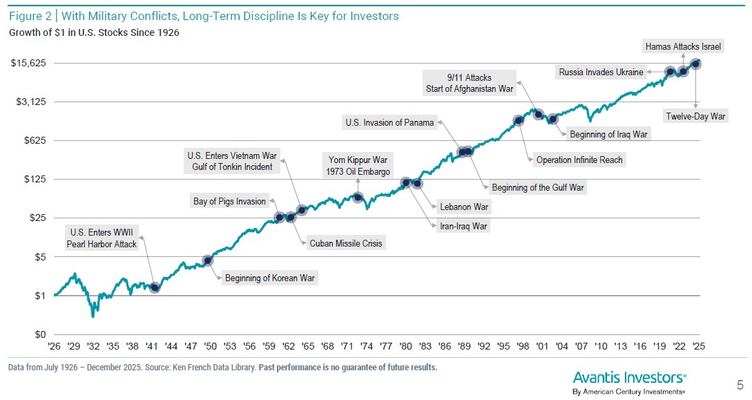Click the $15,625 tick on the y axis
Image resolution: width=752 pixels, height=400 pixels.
[28, 63]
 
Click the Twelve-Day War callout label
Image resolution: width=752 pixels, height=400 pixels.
[695, 117]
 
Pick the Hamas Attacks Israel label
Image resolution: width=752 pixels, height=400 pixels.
[683, 47]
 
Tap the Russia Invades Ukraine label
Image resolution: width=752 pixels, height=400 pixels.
[601, 72]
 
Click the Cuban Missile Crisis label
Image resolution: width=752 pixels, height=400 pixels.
[345, 243]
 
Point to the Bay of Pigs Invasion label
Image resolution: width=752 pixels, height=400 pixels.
[229, 201]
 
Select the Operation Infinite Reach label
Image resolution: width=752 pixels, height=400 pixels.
[579, 160]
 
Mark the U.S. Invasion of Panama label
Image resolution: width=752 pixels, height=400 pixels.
[389, 123]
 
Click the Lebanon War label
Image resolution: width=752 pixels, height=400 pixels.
[464, 206]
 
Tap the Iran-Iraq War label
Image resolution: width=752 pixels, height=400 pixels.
[463, 225]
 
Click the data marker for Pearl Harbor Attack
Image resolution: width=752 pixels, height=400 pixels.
[155, 287]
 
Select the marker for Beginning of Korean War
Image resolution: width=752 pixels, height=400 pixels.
[208, 260]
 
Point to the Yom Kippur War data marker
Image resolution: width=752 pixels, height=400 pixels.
[358, 197]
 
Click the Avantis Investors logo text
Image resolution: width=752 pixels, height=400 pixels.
[629, 377]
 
